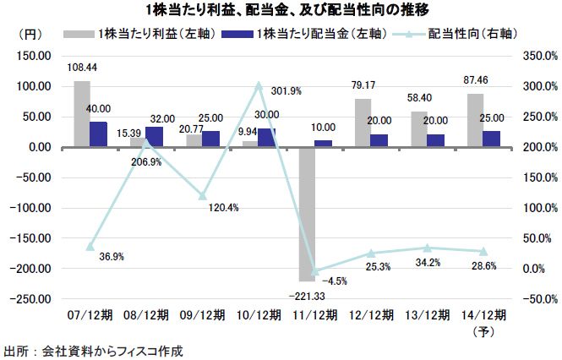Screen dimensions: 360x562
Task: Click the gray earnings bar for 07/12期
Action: (82, 114)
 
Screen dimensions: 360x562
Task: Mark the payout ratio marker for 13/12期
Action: (427, 248)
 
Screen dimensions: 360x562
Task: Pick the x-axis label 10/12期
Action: (256, 314)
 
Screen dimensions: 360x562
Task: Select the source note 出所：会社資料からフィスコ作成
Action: (93, 350)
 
